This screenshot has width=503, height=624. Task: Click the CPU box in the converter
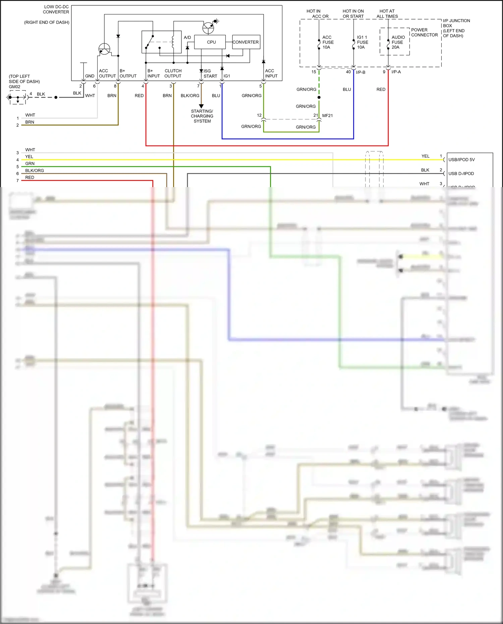pos(211,42)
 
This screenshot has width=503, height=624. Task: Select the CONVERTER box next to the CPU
pos(246,42)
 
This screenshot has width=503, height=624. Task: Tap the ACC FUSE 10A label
pos(328,42)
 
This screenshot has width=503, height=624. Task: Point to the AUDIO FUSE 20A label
pos(398,42)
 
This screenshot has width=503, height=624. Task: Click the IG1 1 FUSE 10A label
pos(362,42)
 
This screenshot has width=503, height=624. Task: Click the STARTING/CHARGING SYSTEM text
pos(202,116)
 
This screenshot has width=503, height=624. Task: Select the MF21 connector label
pos(327,115)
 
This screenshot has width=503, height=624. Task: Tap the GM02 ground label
pos(14,87)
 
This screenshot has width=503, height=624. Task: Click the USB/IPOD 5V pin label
pos(461,160)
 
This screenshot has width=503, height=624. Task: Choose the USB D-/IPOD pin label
pos(461,173)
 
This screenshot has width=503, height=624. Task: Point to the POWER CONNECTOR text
pos(424,32)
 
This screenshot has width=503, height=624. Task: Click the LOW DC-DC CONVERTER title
pos(56,9)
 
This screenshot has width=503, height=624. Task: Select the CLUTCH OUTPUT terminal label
pos(173,73)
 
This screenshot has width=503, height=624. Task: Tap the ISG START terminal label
pos(210,73)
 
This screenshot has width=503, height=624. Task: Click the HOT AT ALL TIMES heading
pos(387,13)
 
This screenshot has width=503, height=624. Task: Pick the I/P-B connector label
pos(360,72)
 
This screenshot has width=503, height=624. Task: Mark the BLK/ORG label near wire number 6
pos(35,170)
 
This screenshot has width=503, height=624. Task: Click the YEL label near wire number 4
pos(29,157)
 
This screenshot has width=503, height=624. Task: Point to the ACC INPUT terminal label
pos(271,73)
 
